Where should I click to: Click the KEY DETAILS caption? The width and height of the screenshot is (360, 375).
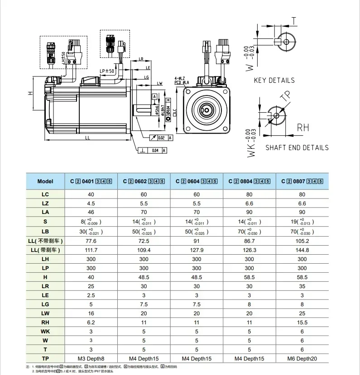tap(274, 81)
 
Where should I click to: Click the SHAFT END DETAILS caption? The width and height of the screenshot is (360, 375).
tap(297, 147)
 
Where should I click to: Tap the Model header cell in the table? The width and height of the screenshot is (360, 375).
tap(45, 181)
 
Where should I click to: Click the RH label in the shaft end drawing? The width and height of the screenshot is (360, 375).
tap(302, 128)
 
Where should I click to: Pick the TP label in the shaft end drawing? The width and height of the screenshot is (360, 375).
tap(285, 96)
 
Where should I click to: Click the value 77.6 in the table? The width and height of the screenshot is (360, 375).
tap(91, 241)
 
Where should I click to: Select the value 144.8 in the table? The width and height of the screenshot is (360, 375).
tap(302, 250)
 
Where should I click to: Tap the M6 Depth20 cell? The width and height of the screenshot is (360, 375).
tap(302, 359)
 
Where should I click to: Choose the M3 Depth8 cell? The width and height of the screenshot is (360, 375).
tap(91, 359)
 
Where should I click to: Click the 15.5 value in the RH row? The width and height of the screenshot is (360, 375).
tap(302, 323)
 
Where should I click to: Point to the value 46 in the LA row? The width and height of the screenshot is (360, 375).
tap(91, 212)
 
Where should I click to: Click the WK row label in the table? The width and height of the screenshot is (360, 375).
tap(45, 332)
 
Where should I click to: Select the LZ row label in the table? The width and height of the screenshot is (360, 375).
tap(45, 203)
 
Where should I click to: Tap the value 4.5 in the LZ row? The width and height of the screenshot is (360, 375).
tap(91, 203)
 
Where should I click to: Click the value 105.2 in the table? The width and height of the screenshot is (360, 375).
tap(302, 241)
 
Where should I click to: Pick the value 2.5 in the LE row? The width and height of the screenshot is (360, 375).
tap(91, 295)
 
